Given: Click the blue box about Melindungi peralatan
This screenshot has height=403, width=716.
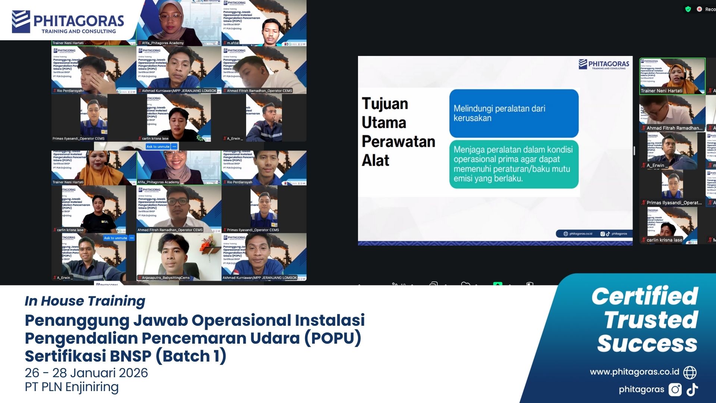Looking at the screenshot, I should click(514, 113).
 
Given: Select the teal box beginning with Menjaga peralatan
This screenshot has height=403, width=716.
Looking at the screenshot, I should click(514, 164).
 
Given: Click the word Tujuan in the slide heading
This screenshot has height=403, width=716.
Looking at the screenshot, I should click(385, 104).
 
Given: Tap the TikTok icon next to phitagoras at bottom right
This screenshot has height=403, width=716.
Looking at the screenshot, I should click(692, 390).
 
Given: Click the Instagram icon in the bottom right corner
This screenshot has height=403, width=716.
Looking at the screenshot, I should click(675, 390).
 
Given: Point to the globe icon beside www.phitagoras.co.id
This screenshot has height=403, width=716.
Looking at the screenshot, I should click(690, 372).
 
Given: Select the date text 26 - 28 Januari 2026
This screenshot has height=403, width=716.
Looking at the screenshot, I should click(86, 372).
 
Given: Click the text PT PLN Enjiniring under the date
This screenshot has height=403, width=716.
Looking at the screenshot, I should click(72, 387).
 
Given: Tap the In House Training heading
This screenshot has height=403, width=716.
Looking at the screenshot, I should click(85, 301).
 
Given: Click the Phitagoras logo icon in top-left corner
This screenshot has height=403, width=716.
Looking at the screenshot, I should click(21, 21).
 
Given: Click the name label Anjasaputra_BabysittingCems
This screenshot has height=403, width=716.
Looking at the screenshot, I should click(166, 278).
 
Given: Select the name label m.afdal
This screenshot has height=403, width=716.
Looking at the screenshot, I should click(233, 43).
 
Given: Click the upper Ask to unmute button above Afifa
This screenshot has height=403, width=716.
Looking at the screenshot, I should click(158, 147).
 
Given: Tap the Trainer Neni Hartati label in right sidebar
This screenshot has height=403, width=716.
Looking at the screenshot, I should click(661, 91).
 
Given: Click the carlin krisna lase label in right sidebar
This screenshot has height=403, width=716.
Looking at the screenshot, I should click(664, 240).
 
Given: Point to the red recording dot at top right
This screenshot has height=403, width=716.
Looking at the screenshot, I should click(699, 9).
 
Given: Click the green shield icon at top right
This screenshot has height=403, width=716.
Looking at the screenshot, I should click(688, 9).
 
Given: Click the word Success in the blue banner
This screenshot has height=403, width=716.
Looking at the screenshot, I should click(647, 343).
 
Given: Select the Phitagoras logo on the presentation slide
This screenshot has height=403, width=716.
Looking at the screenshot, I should click(604, 65).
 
